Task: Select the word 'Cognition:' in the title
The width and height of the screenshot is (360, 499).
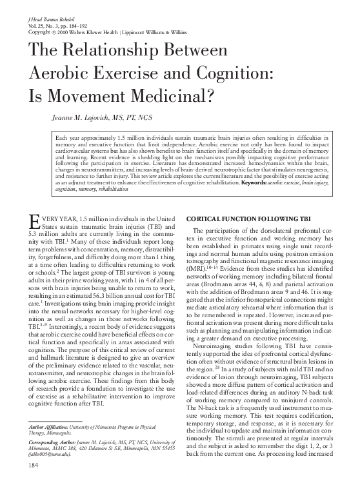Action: (248, 73)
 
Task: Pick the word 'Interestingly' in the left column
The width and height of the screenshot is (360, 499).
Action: (68, 327)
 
